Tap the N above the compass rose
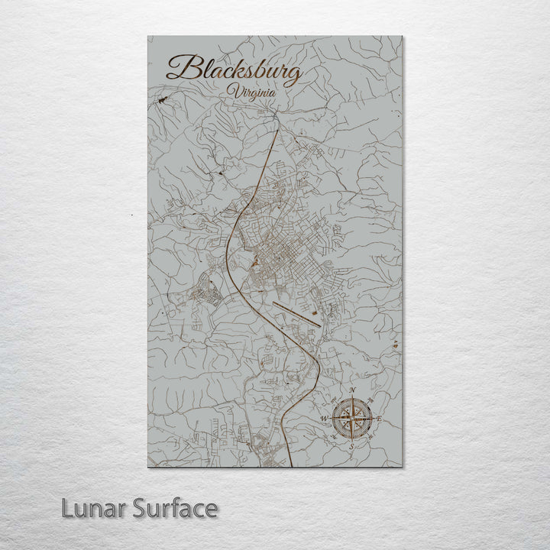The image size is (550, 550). pos(352,393)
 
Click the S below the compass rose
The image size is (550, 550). pos(351,446)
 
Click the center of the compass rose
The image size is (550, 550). pos(351,419)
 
